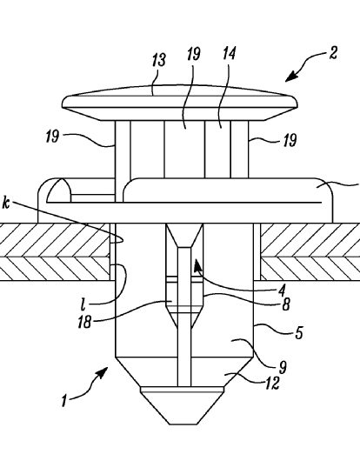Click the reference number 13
(159, 60)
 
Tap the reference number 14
(229, 54)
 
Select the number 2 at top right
(333, 54)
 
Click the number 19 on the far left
(52, 137)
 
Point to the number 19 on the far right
(290, 140)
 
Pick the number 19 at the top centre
(194, 54)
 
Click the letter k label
(6, 204)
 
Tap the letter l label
(83, 305)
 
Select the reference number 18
(84, 322)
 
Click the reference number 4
(282, 291)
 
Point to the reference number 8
(286, 304)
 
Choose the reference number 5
(298, 333)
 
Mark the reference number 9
(283, 367)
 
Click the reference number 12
(272, 384)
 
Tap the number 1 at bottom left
(64, 401)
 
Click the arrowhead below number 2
(290, 77)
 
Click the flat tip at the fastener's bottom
(183, 424)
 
